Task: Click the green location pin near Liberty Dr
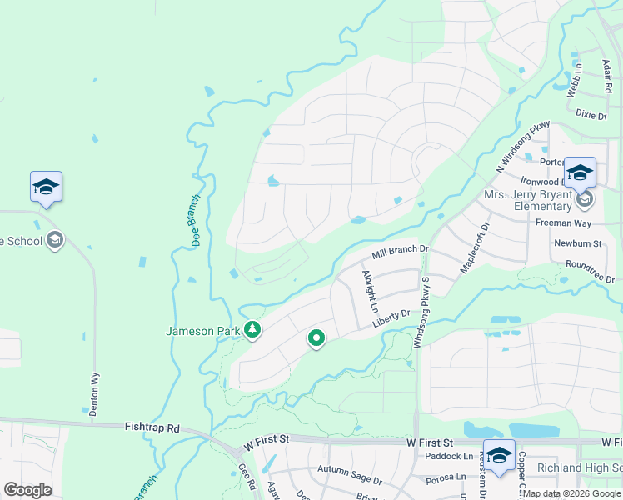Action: coord(316,338)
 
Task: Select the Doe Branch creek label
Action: coord(196,220)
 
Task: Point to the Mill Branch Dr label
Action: coord(400,249)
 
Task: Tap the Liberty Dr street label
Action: coord(391,315)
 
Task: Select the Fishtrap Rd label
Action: coord(152,427)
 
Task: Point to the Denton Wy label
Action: coord(94,393)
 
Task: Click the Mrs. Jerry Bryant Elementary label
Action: coord(530,201)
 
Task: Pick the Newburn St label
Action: coord(577,243)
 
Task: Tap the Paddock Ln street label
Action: coord(448,456)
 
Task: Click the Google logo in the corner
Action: coord(27,490)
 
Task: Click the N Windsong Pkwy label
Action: coord(523,147)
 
